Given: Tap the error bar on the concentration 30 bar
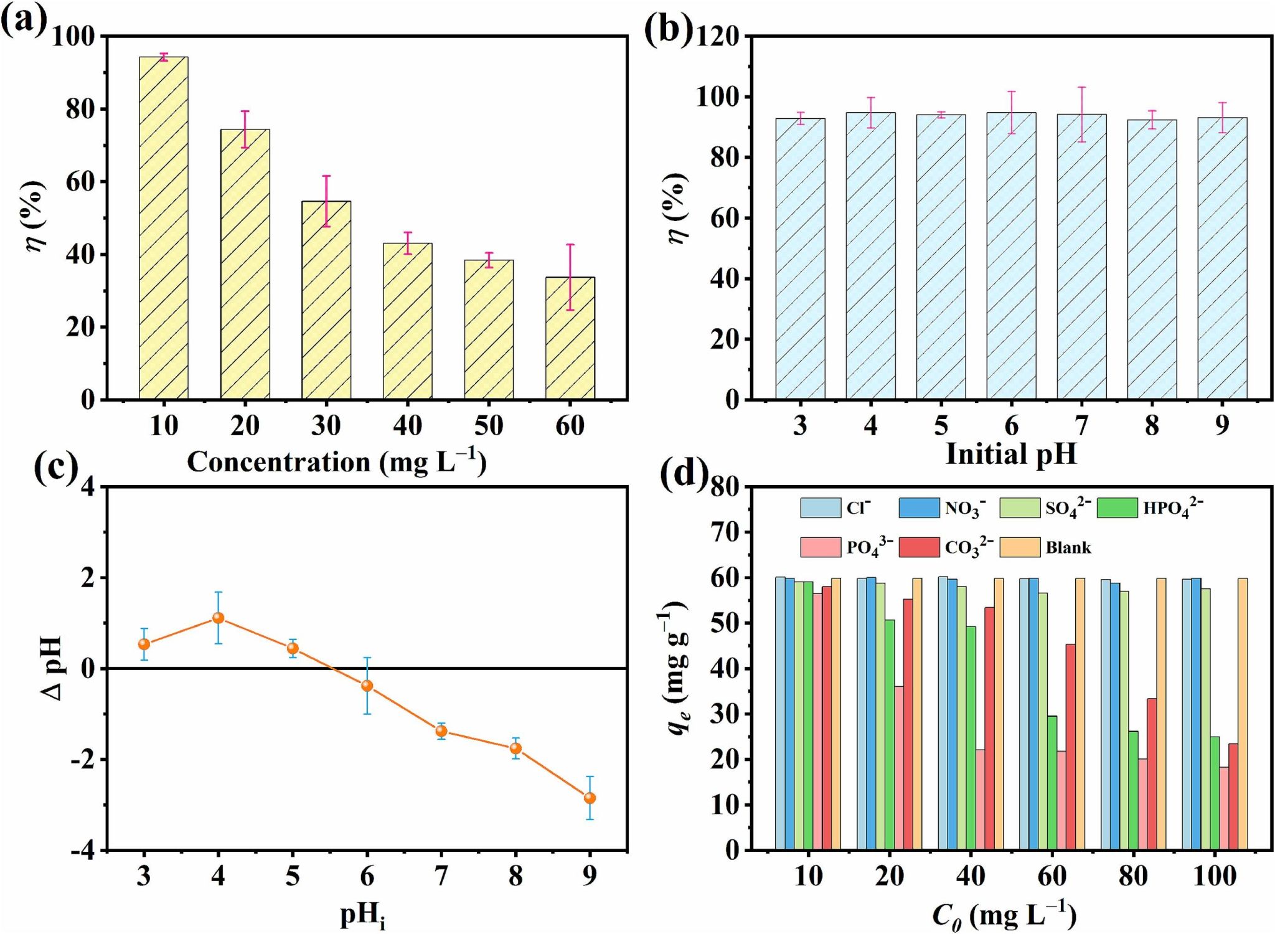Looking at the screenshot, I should (x=326, y=200).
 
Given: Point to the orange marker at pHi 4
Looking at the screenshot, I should (x=218, y=618).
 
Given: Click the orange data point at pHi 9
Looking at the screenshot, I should (x=590, y=798).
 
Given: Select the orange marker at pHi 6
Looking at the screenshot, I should (x=367, y=686).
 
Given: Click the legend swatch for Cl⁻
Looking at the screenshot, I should (x=820, y=507).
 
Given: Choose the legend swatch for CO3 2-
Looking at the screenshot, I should (x=919, y=547).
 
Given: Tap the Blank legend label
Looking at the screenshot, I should (x=1068, y=548).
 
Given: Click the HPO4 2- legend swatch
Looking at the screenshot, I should (x=1117, y=507).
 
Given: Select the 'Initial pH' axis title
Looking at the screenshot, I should (x=1011, y=454).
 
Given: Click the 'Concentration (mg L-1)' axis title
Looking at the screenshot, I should (x=336, y=462).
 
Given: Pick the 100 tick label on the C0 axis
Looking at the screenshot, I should (x=1214, y=876).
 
